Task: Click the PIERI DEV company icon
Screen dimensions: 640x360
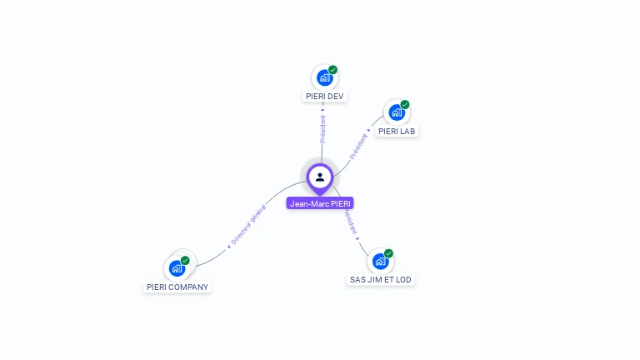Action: [324, 77]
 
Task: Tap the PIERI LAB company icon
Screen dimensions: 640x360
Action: [396, 112]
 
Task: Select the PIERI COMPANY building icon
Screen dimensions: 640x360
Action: [177, 267]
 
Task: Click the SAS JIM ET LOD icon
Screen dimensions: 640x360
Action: [380, 261]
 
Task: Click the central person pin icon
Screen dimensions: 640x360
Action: [320, 177]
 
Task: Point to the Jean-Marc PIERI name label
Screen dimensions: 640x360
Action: [320, 203]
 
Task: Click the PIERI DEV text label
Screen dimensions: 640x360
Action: [324, 97]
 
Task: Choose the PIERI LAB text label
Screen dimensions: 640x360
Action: [397, 131]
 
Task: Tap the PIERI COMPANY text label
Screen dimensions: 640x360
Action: [177, 287]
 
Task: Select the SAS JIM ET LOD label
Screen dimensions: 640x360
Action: [381, 280]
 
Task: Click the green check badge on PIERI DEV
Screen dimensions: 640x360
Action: [332, 70]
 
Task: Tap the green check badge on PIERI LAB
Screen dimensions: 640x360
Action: [405, 104]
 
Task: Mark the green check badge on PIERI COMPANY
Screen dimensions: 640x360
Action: [185, 260]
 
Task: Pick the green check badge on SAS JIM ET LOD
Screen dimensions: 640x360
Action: [388, 253]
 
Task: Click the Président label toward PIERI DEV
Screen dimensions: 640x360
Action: [322, 127]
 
